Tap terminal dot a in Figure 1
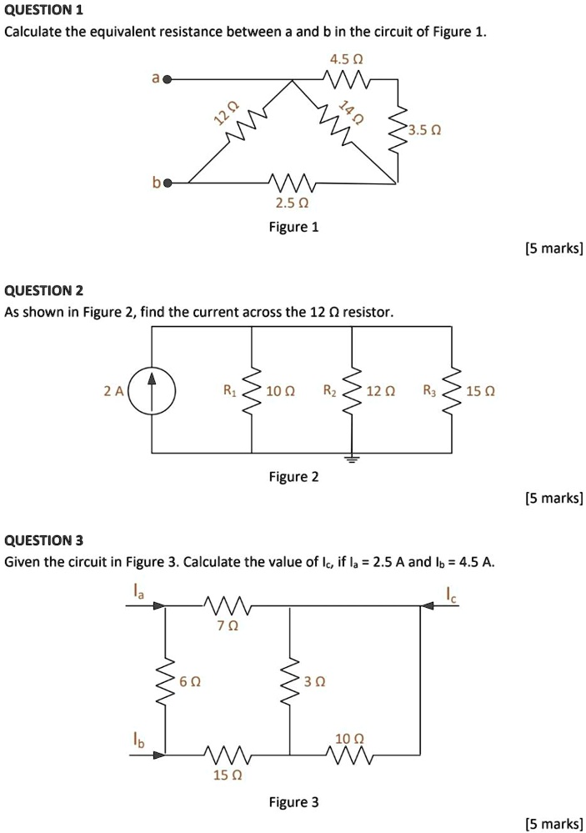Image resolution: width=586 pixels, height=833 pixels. point(167,80)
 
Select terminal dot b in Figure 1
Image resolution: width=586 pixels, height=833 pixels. point(167,182)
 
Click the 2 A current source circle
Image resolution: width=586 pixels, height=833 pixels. point(153,390)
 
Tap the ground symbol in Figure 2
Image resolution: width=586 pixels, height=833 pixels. point(352,459)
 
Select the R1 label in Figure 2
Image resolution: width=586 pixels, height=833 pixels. point(230,389)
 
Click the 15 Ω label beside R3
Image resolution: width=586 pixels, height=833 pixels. point(483,390)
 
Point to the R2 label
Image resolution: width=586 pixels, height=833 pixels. point(330,389)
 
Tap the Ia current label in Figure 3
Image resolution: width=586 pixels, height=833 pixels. point(139,591)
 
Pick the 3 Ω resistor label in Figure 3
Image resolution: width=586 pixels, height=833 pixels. point(314,681)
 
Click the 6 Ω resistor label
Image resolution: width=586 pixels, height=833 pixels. point(191,681)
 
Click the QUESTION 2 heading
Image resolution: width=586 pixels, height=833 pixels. point(44,291)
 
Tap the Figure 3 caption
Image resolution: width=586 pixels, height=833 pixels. point(293,802)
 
